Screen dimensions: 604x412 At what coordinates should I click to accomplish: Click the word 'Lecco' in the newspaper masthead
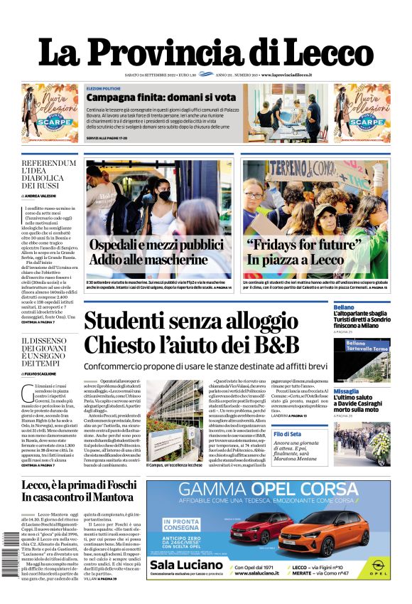pos(324,53)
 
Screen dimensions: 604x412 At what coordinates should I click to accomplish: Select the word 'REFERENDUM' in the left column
pos(49,163)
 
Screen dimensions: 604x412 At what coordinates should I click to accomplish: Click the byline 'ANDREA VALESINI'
pos(42,195)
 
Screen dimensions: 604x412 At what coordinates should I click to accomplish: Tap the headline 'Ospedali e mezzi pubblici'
pos(157,245)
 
